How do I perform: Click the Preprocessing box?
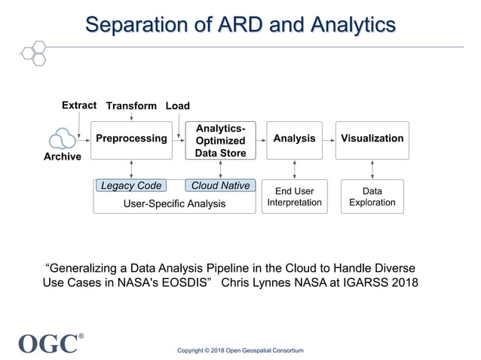tap(131, 139)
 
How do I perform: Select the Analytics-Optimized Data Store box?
tap(220, 140)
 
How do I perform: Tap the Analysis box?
tap(294, 139)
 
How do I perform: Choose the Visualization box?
tap(372, 139)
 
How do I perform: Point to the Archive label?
tap(62, 157)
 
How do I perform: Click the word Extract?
tap(79, 105)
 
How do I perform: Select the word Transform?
tap(131, 106)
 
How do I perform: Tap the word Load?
tap(177, 106)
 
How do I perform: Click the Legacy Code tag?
tap(131, 186)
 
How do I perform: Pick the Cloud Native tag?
tap(220, 186)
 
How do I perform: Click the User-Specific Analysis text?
tap(175, 203)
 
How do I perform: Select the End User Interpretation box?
tap(294, 197)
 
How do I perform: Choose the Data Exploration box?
tap(372, 197)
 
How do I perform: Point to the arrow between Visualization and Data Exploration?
tap(372, 169)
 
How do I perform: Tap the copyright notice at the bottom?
tap(240, 351)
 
